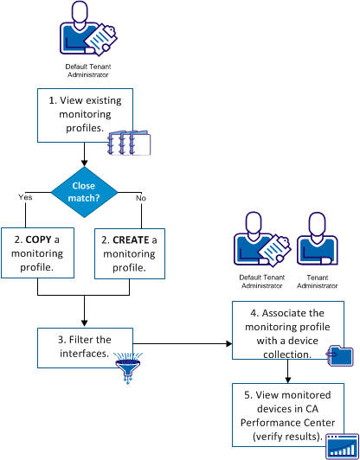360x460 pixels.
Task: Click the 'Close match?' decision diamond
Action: click(x=84, y=191)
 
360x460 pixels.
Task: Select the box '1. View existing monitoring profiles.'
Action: click(x=84, y=112)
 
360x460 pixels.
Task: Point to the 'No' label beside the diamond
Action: click(x=140, y=197)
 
